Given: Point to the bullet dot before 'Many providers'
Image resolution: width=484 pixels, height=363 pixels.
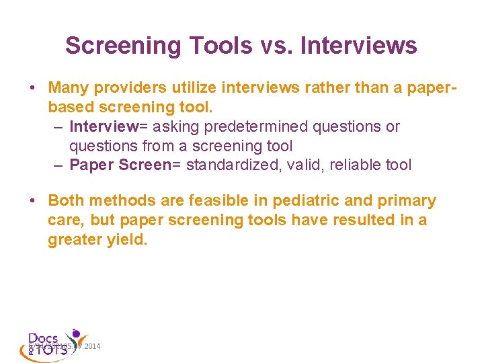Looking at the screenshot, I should [x=32, y=88].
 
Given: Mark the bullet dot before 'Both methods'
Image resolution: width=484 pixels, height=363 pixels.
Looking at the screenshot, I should [x=32, y=201].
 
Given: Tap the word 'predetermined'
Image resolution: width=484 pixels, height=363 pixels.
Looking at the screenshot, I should [x=257, y=126].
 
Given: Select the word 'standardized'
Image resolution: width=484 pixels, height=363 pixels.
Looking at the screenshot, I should [x=231, y=165].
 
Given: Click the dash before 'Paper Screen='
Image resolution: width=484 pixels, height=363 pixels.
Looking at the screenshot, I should [x=58, y=165].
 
